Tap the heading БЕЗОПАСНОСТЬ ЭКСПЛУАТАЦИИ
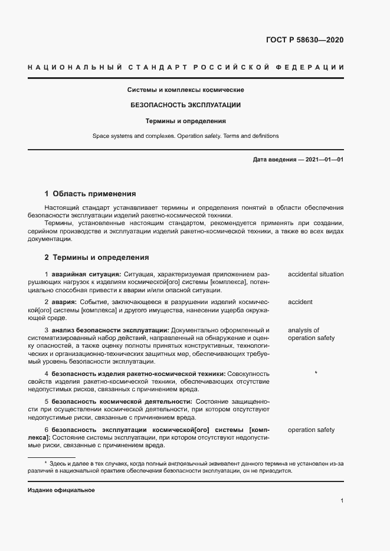[185, 105]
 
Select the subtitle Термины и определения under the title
[185, 121]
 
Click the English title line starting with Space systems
[185, 136]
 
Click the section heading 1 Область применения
[90, 194]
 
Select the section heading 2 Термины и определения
[97, 258]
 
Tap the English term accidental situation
[316, 274]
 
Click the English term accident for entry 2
[300, 302]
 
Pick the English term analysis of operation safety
[311, 334]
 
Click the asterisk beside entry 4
[316, 373]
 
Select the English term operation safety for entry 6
[311, 430]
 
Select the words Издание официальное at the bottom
[61, 490]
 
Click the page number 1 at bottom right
[342, 501]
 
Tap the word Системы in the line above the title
[140, 90]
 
